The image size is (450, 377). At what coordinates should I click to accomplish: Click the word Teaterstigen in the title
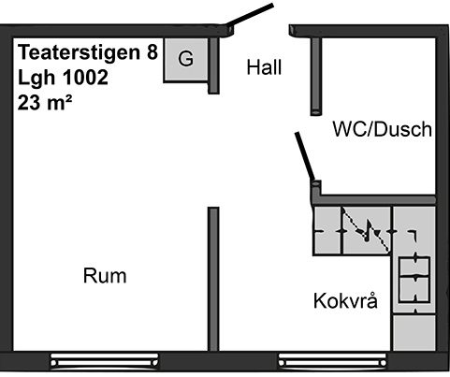click(x=80, y=53)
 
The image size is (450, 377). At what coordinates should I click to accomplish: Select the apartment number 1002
click(x=85, y=78)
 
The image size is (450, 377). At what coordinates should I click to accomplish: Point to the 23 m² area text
click(x=45, y=102)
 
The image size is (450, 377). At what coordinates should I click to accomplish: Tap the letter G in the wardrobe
click(x=185, y=58)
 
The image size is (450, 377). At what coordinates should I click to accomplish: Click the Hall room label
click(x=264, y=67)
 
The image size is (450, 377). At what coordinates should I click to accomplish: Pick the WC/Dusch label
click(x=383, y=129)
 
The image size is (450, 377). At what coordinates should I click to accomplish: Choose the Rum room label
click(x=105, y=276)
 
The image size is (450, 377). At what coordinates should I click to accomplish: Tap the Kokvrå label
click(x=345, y=300)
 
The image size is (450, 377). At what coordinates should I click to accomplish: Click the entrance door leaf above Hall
click(x=250, y=15)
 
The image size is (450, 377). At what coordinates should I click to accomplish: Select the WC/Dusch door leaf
click(x=305, y=156)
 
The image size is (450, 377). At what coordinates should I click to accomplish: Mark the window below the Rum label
click(x=105, y=361)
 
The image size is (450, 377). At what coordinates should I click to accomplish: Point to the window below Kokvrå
click(x=332, y=361)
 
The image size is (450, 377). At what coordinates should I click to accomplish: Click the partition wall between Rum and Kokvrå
click(x=213, y=279)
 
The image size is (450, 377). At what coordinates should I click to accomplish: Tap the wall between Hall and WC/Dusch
click(x=316, y=76)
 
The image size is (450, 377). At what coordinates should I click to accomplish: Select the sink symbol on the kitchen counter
click(x=367, y=231)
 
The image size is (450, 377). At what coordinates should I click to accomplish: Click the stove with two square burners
click(x=414, y=280)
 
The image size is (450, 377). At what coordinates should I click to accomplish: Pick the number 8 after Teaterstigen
click(x=152, y=52)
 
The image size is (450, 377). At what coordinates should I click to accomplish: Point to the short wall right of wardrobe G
click(x=213, y=65)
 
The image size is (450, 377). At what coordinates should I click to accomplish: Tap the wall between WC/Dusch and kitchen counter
click(x=373, y=199)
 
